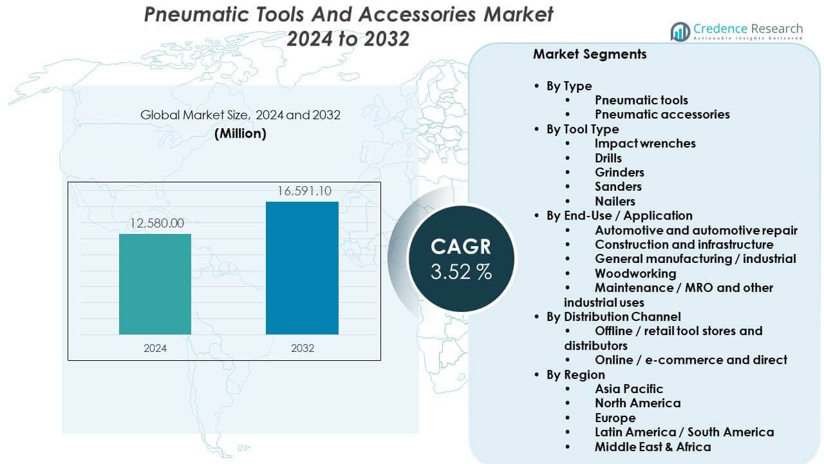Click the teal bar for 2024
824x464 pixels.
[x=155, y=284]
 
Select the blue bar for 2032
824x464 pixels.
[x=302, y=267]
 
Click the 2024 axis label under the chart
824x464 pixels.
[x=155, y=348]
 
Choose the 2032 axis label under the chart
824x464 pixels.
[x=302, y=348]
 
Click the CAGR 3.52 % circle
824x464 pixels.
[x=461, y=258]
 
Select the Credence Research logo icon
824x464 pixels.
[x=680, y=31]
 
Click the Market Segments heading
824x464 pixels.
[x=589, y=54]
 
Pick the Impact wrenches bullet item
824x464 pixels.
[x=644, y=143]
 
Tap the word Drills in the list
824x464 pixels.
[x=608, y=158]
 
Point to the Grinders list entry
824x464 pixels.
[x=619, y=172]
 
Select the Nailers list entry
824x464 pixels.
[x=615, y=201]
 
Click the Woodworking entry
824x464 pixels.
[x=635, y=273]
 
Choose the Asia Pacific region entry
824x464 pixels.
[x=628, y=389]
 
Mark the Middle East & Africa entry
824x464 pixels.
[x=653, y=447]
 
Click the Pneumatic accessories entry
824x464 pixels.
[x=662, y=114]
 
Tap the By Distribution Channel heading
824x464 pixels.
[x=613, y=316]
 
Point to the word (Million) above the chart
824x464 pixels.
[x=240, y=133]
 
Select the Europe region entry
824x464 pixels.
[x=615, y=418]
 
